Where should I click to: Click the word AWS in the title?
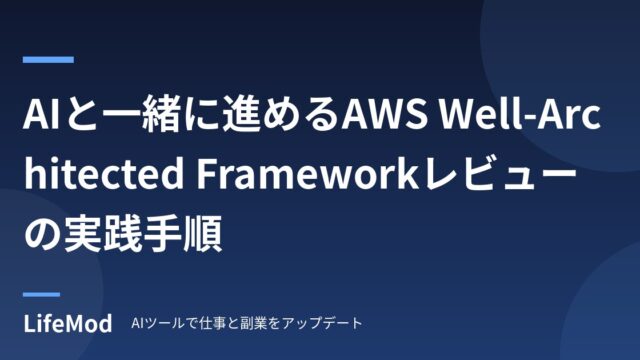click(x=385, y=114)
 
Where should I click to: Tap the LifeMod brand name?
click(x=68, y=323)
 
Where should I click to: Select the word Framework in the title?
click(x=307, y=174)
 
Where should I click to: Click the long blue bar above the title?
click(x=48, y=60)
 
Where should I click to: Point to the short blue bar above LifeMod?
click(x=41, y=294)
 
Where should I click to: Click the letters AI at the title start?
click(x=40, y=114)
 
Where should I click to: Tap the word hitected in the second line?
click(x=104, y=174)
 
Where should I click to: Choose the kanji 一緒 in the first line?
click(x=140, y=114)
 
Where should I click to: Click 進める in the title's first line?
click(x=281, y=114)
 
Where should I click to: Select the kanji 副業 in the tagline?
click(x=254, y=323)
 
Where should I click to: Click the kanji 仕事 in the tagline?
click(x=214, y=323)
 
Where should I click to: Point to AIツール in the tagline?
click(x=158, y=323)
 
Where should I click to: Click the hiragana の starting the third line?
click(x=42, y=235)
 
